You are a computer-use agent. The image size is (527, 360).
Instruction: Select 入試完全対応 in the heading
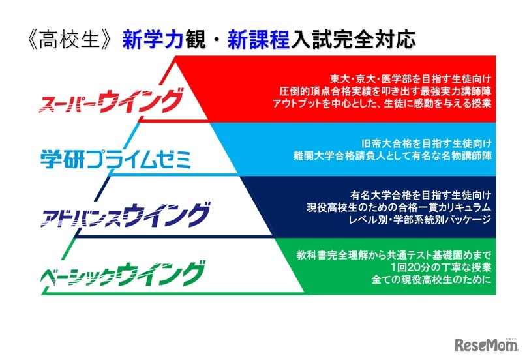(x=348, y=41)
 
